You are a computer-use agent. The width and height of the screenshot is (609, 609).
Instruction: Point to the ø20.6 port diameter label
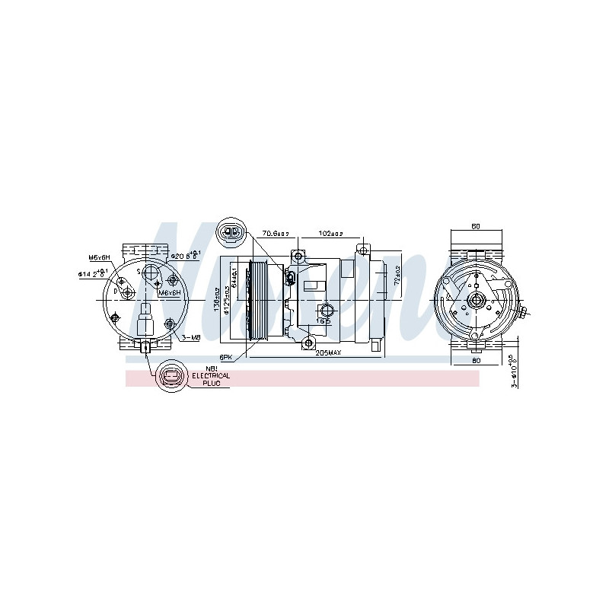(185, 255)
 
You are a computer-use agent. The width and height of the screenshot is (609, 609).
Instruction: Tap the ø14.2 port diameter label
(93, 273)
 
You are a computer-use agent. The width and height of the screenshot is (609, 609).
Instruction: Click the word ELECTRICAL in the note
(210, 376)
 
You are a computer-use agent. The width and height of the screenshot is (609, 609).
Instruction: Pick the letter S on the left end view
(139, 270)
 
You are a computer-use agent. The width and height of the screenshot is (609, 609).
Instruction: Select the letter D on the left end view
(116, 291)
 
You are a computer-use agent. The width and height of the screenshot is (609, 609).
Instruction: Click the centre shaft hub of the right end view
(477, 301)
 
